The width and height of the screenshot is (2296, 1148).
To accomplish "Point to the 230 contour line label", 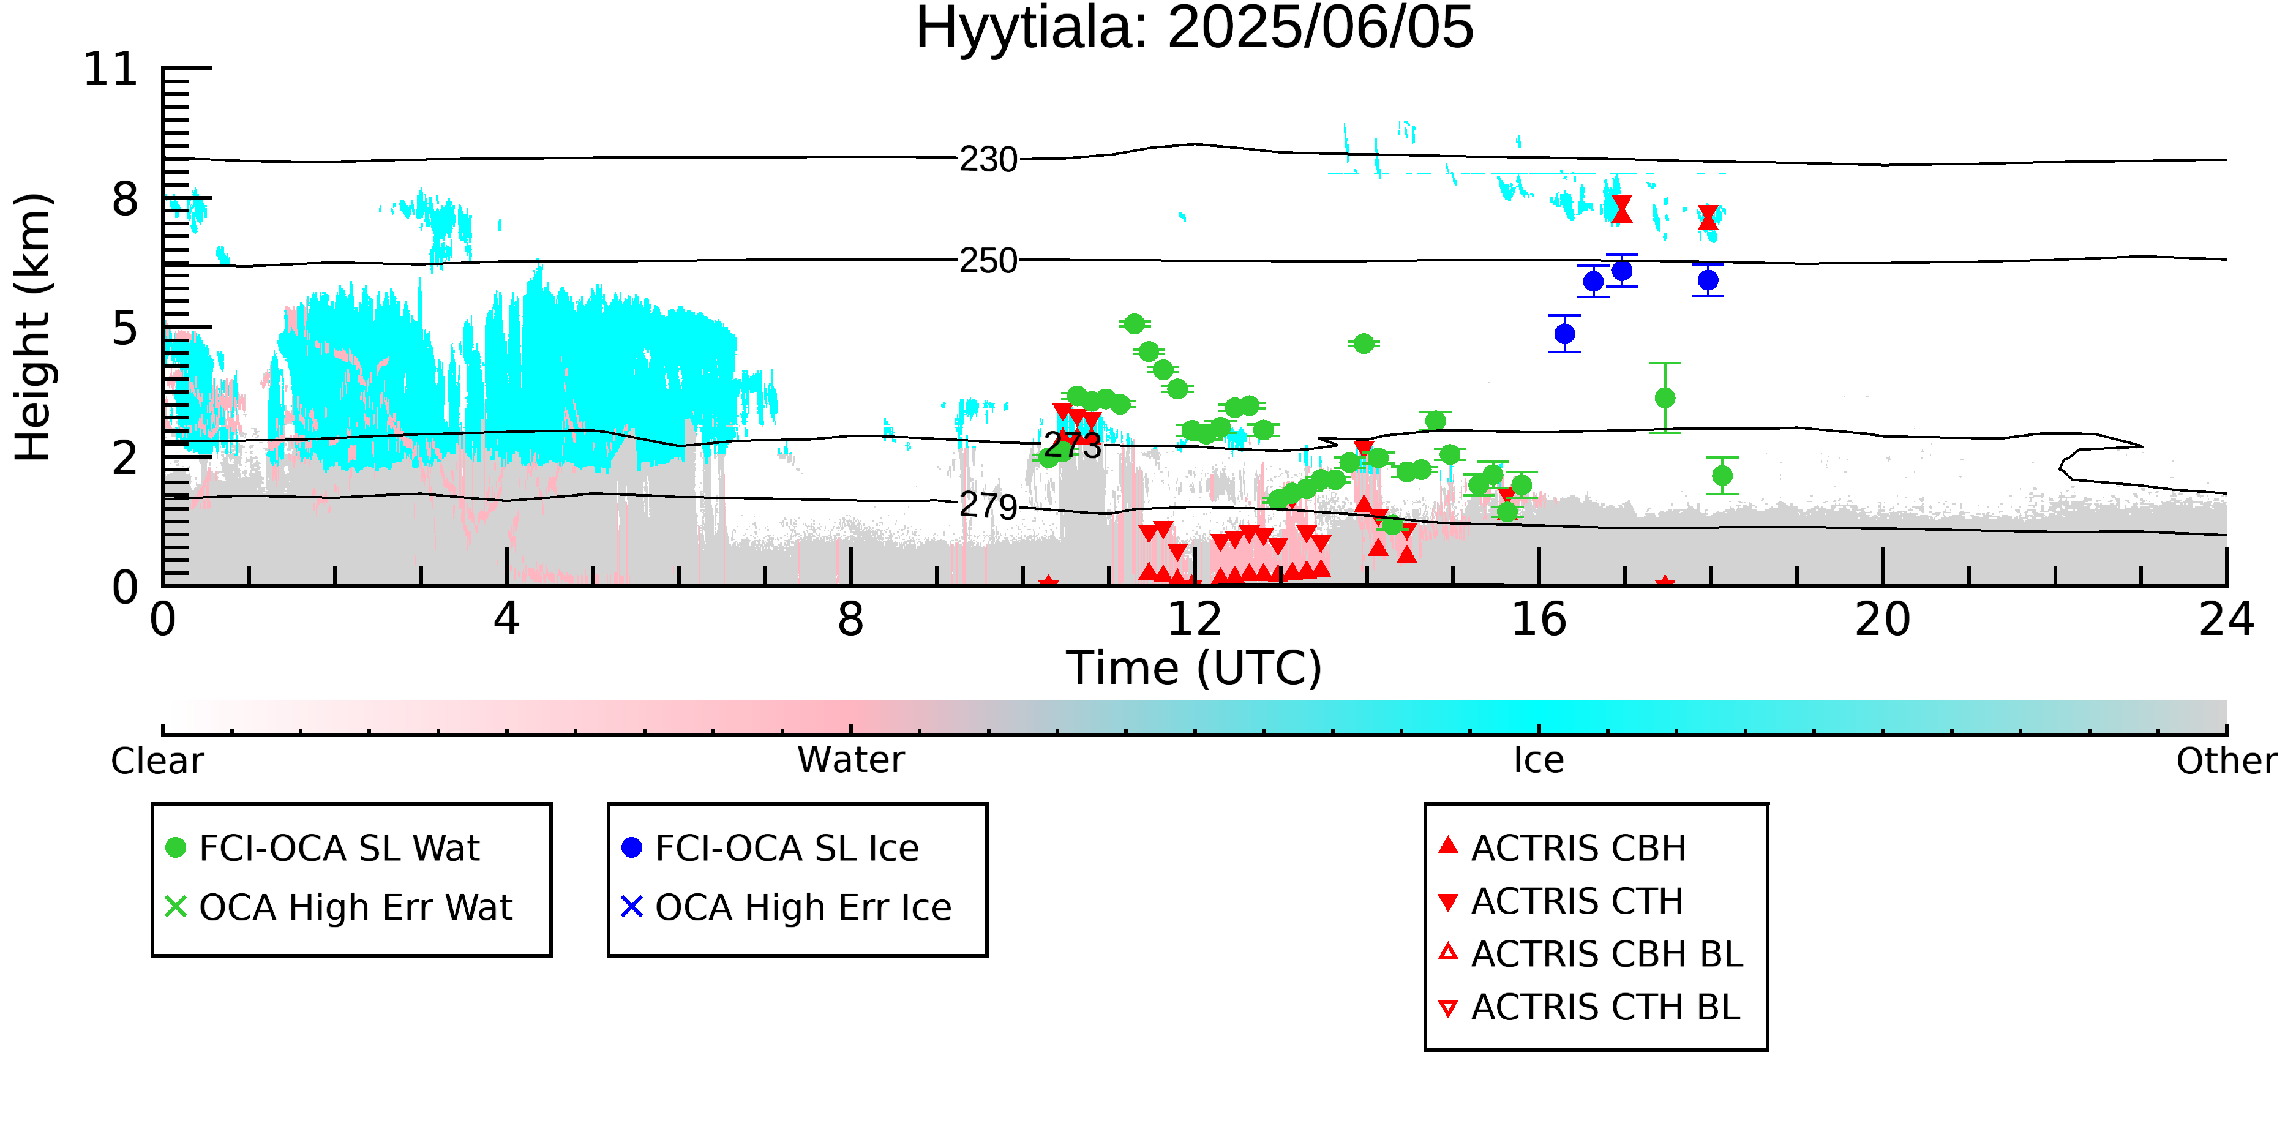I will click(988, 160).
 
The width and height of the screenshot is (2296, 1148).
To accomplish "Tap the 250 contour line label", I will click(988, 261).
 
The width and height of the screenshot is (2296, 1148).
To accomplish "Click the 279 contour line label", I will click(988, 506).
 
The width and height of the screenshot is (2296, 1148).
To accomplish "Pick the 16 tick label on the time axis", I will click(1539, 620).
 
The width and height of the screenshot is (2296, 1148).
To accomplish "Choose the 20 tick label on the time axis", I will click(1883, 620).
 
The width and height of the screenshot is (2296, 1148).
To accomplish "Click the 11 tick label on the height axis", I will click(111, 70).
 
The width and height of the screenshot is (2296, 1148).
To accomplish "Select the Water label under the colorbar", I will click(850, 760).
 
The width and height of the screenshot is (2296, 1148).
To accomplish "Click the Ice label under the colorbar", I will click(1539, 760).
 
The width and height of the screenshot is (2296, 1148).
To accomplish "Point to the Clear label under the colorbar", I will click(157, 761).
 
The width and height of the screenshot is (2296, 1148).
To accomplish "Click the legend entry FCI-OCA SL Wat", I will click(339, 847).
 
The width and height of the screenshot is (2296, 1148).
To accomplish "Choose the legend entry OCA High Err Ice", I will click(802, 907).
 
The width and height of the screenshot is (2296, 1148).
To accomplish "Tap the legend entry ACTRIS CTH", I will click(1577, 901).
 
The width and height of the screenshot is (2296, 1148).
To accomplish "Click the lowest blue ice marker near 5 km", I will click(1564, 334).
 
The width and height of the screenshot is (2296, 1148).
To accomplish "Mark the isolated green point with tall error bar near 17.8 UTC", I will click(1665, 397).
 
